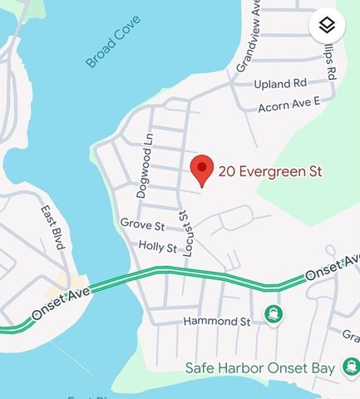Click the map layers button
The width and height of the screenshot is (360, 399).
pos(327,26)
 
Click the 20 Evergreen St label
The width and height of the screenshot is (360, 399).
pos(270,172)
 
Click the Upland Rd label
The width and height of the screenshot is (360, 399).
pos(282,84)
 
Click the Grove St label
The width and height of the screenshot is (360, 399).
pos(142,224)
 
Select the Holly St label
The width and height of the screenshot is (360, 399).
pos(157,247)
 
